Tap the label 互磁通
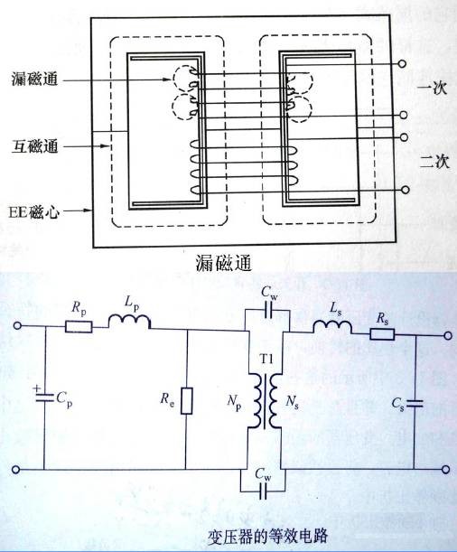[32, 143]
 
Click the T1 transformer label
[265, 359]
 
